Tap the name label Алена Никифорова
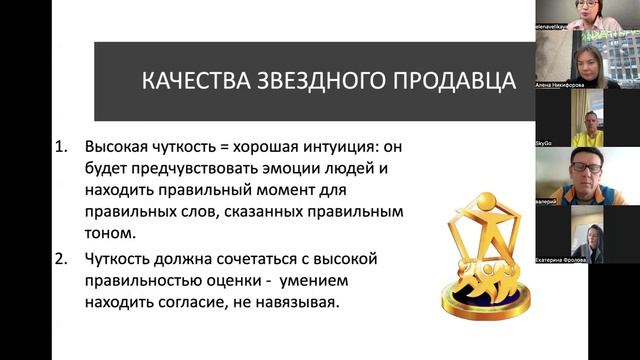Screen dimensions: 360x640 point(564,86)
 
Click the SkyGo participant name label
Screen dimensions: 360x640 point(547,144)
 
